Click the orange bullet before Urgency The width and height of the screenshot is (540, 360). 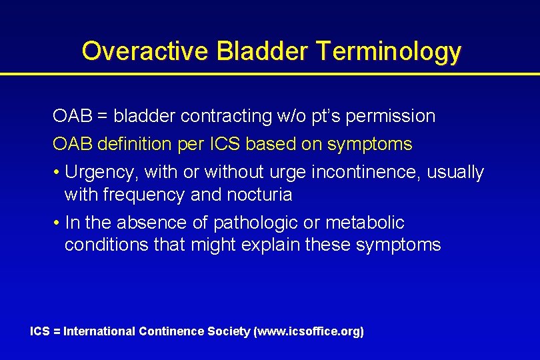coord(57,173)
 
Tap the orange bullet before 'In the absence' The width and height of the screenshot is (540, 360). coord(57,223)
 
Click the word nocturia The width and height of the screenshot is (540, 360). coord(260,195)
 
